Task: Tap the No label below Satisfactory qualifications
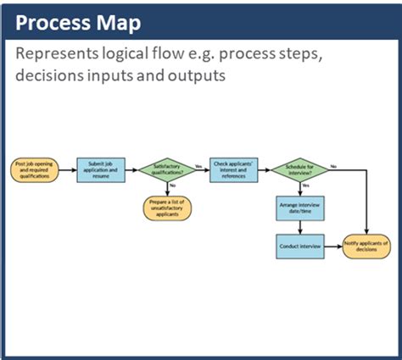(172, 186)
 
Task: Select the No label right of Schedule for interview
(332, 164)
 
